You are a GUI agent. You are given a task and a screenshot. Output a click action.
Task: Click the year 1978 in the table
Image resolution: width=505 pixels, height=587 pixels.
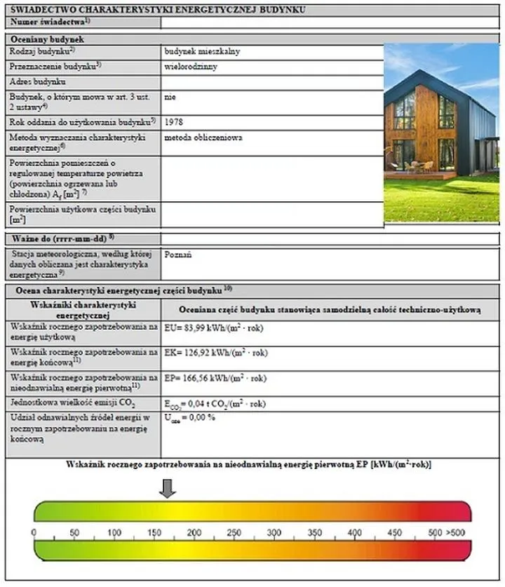[x=173, y=122]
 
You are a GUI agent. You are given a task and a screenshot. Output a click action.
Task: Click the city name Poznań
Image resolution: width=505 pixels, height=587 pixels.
[x=177, y=256]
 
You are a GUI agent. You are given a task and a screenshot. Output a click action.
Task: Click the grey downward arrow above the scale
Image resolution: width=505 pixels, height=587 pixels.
[x=168, y=488]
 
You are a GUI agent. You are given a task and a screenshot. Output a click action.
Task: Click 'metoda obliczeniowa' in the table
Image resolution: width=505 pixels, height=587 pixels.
[x=203, y=138]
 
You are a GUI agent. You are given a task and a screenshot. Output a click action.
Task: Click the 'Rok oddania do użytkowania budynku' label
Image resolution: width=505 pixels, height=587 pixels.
[x=81, y=122]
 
